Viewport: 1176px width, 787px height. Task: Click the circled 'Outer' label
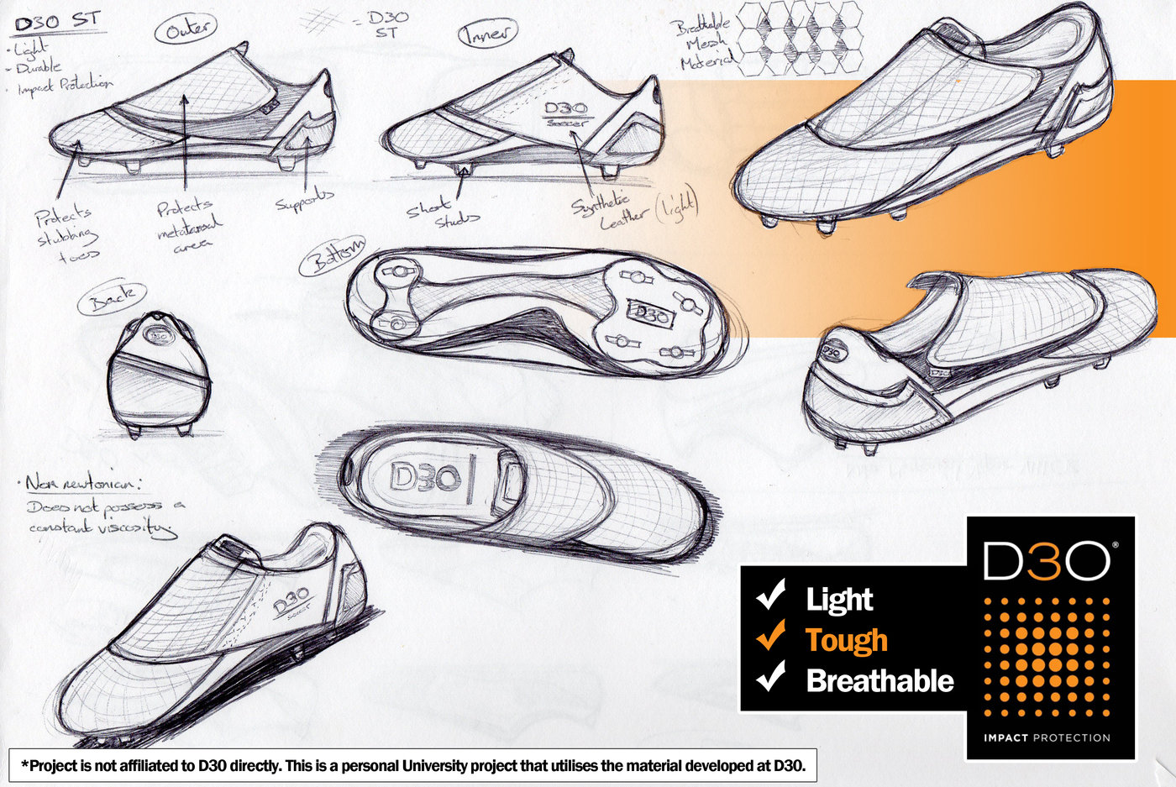186,30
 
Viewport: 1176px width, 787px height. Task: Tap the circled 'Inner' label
487,33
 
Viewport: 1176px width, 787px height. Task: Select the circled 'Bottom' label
333,255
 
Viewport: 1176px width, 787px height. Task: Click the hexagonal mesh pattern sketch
801,36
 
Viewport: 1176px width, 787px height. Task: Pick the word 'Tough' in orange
846,640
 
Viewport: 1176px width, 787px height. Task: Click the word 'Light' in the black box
839,600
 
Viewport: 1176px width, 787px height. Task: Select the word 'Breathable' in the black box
879,680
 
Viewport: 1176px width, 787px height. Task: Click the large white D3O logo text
1047,560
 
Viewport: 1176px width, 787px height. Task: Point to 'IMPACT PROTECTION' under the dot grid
1047,737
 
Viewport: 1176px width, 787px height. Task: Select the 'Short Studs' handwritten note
443,212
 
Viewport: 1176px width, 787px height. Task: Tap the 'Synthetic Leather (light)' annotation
634,210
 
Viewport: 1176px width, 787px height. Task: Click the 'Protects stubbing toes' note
66,233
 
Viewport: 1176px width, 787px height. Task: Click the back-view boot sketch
158,374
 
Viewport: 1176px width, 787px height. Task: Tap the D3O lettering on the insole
426,479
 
